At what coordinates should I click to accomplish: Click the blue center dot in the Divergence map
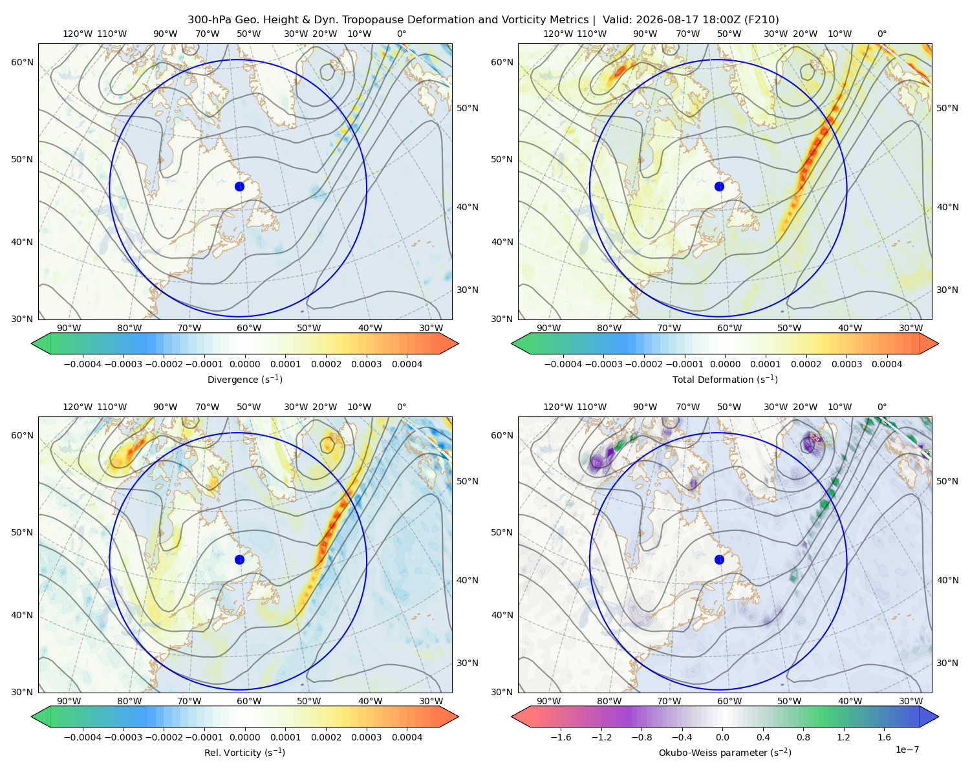click(x=239, y=186)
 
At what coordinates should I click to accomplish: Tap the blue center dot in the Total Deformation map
click(x=719, y=186)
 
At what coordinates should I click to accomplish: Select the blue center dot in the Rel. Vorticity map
click(x=239, y=559)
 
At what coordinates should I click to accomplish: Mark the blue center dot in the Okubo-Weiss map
click(x=719, y=559)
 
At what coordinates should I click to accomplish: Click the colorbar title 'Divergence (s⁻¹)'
click(x=244, y=379)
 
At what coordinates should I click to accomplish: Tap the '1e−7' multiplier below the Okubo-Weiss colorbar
click(x=907, y=749)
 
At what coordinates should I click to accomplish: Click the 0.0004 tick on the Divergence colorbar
click(x=407, y=364)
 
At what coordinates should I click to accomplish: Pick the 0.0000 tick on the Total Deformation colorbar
click(x=725, y=364)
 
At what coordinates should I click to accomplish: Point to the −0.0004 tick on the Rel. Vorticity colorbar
click(x=83, y=737)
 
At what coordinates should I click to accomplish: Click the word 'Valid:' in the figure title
click(x=618, y=20)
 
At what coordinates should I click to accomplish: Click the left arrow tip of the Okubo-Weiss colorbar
click(x=512, y=717)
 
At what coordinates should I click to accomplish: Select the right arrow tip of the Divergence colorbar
click(x=458, y=343)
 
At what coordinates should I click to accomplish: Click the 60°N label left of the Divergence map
click(x=22, y=62)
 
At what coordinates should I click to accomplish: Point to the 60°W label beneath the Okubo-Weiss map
click(x=729, y=701)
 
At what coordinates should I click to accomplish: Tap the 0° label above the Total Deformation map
click(x=881, y=34)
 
